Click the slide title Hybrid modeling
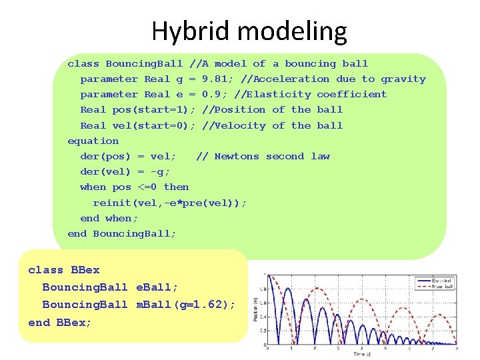(249, 31)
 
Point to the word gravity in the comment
(403, 79)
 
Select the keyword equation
(93, 141)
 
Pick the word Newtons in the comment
(237, 156)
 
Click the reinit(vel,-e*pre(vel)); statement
(169, 203)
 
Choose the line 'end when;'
(109, 218)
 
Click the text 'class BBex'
(64, 270)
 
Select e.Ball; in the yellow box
(157, 287)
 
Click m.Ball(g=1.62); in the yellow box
(185, 305)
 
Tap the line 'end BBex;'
(60, 322)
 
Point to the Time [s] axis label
(361, 355)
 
